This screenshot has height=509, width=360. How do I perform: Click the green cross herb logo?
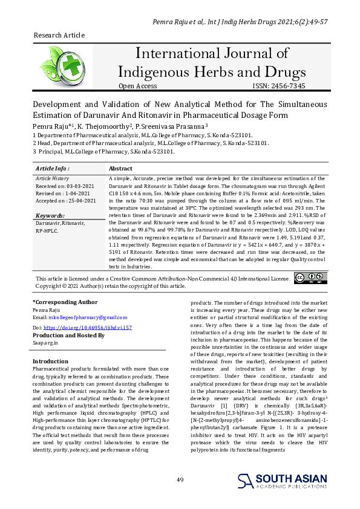tap(59, 64)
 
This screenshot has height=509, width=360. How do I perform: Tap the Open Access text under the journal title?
tap(137, 86)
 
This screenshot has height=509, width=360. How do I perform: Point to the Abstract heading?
tap(120, 169)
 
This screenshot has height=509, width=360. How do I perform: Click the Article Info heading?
tap(53, 169)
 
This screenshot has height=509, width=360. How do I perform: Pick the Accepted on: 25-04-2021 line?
tap(66, 200)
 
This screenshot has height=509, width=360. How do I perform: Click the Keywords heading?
tap(50, 215)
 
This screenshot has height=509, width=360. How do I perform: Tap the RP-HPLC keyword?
tap(47, 230)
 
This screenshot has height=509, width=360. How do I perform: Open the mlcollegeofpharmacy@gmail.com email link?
tap(88, 317)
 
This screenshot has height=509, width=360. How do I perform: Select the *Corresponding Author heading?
tap(65, 302)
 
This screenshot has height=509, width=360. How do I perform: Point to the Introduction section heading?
tap(50, 361)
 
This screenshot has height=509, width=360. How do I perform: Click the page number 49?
tap(180, 479)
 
